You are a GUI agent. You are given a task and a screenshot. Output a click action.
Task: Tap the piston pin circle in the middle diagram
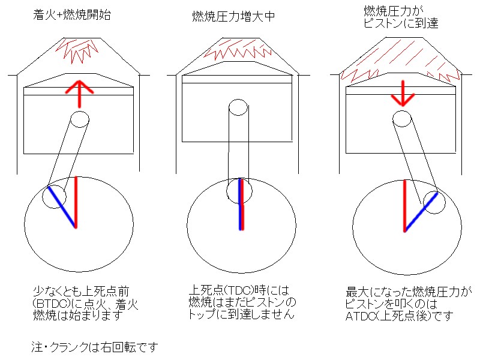(238, 109)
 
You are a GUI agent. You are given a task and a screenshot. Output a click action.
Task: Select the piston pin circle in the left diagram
(78, 117)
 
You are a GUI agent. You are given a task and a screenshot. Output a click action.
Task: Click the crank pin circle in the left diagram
(54, 197)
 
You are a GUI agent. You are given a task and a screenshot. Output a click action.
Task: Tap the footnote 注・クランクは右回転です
(94, 347)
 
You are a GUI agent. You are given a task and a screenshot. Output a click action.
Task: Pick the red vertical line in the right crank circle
(405, 204)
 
